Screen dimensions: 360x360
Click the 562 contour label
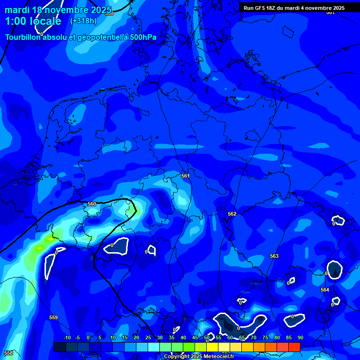[232, 214]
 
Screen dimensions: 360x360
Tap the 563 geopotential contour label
[274, 256]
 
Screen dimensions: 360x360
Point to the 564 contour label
[325, 290]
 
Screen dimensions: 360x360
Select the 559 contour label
[53, 317]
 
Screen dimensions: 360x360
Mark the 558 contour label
[8, 352]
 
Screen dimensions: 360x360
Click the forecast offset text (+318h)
[83, 21]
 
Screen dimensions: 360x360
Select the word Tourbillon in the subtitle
[22, 37]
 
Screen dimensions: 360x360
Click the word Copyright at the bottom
[176, 357]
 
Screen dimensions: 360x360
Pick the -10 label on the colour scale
[67, 338]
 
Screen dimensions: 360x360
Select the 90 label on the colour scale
[300, 338]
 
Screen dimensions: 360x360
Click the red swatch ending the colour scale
[294, 347]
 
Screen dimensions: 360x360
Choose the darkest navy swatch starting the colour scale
[60, 347]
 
